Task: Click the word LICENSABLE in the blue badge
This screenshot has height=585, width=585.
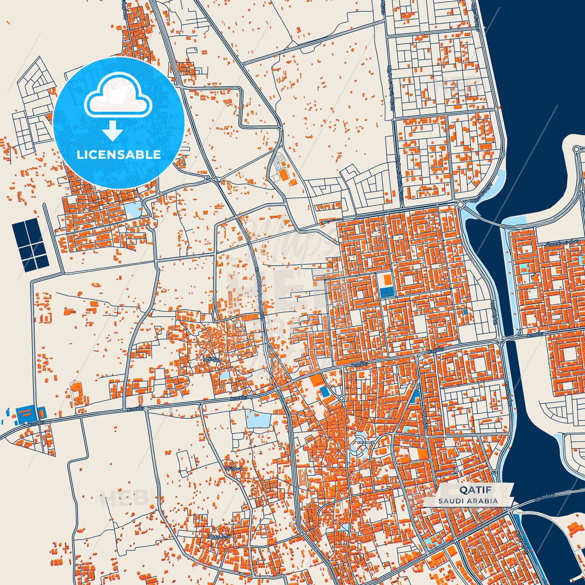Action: (x=119, y=155)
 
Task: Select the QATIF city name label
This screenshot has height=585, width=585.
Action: (x=470, y=490)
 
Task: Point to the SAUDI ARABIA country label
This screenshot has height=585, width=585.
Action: (x=468, y=501)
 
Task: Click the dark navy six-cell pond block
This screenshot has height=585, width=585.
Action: (x=30, y=245)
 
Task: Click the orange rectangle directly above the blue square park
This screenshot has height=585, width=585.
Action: (x=387, y=279)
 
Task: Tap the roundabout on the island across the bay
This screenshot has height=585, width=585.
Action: (x=577, y=149)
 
